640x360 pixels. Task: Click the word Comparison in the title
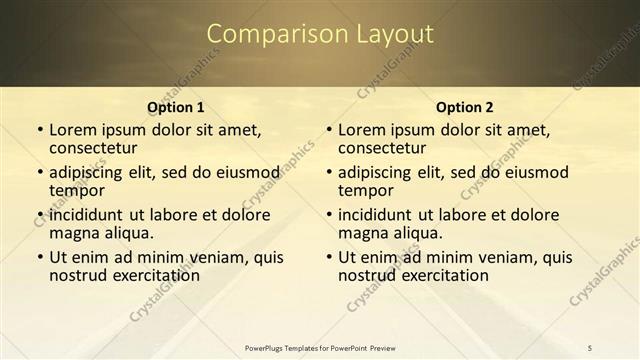268,34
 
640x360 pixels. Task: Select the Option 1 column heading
176,107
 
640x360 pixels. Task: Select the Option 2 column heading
465,107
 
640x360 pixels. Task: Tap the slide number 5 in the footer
590,347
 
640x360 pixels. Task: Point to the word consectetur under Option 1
96,148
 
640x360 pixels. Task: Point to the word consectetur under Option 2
385,148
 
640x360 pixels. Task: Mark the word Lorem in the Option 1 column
72,130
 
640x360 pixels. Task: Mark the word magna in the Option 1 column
75,233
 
